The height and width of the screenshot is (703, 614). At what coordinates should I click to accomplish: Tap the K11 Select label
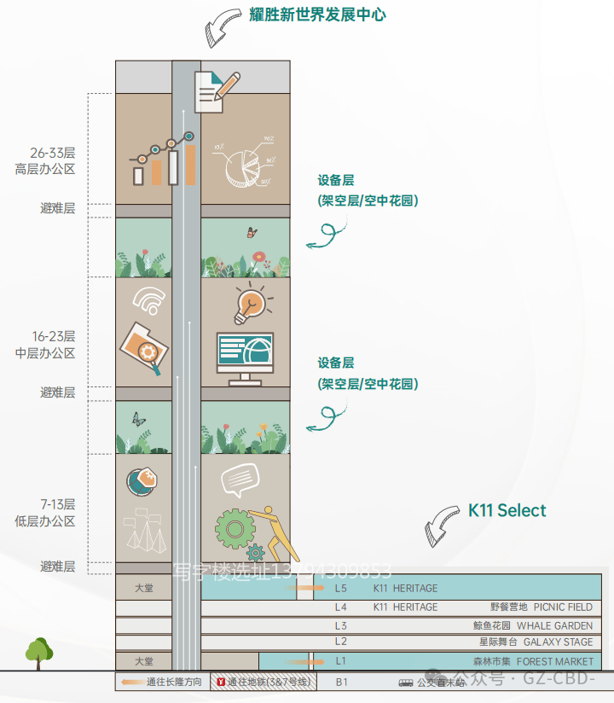[507, 511]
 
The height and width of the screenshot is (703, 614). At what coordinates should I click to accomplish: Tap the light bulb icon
[250, 302]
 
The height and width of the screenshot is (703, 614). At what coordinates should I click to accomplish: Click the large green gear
[235, 528]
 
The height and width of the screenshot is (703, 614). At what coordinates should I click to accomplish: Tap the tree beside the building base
[38, 653]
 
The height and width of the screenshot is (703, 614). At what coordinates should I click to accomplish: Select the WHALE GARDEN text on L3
[554, 626]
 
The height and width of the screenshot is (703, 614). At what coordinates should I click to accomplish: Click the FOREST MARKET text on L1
[554, 662]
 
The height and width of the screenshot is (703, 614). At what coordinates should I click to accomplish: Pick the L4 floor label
[341, 607]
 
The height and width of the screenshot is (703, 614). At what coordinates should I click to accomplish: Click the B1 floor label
[341, 683]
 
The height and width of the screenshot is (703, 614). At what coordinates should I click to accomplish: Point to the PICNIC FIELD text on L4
[563, 607]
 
